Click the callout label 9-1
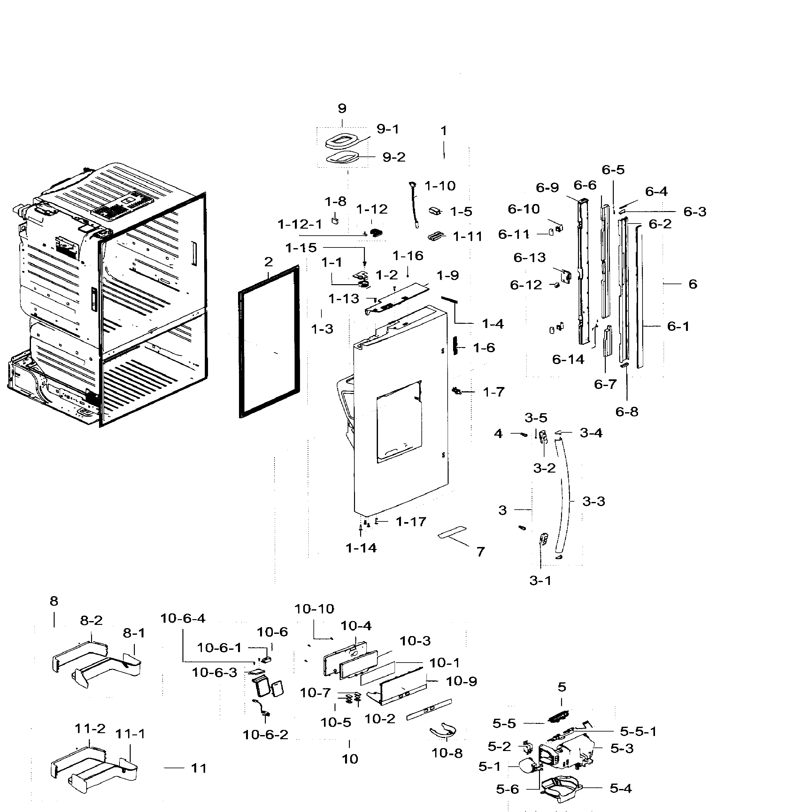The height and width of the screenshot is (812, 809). (x=387, y=129)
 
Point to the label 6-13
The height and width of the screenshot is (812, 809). (x=529, y=257)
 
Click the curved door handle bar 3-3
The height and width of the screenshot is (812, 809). (x=566, y=496)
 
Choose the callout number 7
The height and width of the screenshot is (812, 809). (x=480, y=551)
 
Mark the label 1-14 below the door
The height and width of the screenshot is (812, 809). (x=361, y=548)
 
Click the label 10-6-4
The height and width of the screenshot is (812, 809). (x=182, y=618)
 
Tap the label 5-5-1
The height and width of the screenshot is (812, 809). (x=638, y=731)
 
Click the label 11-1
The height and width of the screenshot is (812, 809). (x=130, y=734)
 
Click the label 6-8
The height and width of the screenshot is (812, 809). (x=627, y=412)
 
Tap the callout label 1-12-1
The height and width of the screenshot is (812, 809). (x=300, y=224)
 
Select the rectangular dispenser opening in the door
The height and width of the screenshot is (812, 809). (x=399, y=422)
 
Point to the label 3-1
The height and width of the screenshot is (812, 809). (x=540, y=581)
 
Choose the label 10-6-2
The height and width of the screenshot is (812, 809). (x=265, y=735)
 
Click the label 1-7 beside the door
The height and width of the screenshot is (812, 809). (x=493, y=392)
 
